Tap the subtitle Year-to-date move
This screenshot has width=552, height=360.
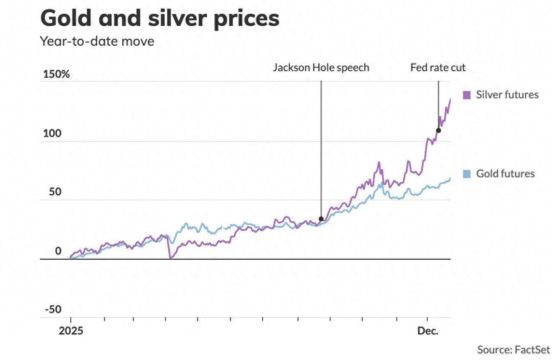click(x=97, y=41)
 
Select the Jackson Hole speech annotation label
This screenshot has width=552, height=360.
click(x=321, y=67)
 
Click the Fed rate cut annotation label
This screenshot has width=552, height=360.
click(x=438, y=67)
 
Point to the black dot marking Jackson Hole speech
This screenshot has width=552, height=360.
click(x=321, y=219)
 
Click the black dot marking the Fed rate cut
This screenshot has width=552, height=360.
click(x=438, y=130)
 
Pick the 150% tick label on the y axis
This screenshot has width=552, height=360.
click(x=56, y=74)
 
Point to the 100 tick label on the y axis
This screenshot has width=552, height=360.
click(x=52, y=134)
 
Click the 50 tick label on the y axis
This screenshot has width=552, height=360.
click(x=55, y=192)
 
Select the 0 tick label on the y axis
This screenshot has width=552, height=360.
click(x=58, y=251)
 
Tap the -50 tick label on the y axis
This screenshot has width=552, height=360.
click(x=52, y=309)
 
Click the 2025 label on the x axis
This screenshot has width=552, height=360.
click(x=71, y=331)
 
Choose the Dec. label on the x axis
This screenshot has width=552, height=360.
click(x=428, y=331)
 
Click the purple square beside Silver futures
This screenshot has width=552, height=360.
click(x=466, y=95)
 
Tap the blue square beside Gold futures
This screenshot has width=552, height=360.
click(x=466, y=174)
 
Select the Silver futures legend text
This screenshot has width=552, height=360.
click(x=507, y=95)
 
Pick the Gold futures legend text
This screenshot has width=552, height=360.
click(x=505, y=174)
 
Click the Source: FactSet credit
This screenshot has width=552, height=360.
click(x=513, y=350)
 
